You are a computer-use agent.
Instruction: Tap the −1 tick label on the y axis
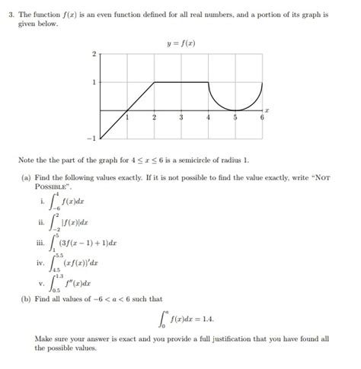coord(92,138)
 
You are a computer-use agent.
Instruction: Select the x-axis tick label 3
coord(181,118)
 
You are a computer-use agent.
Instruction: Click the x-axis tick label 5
coord(235,118)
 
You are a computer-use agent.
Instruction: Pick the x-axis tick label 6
coord(262,118)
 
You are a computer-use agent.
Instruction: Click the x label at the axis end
coord(268,111)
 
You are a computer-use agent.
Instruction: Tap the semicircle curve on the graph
coord(235,107)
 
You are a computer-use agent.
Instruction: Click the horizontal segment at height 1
coord(181,82)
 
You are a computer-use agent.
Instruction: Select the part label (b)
coord(27,301)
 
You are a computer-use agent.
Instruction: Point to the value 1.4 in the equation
coord(206,320)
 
